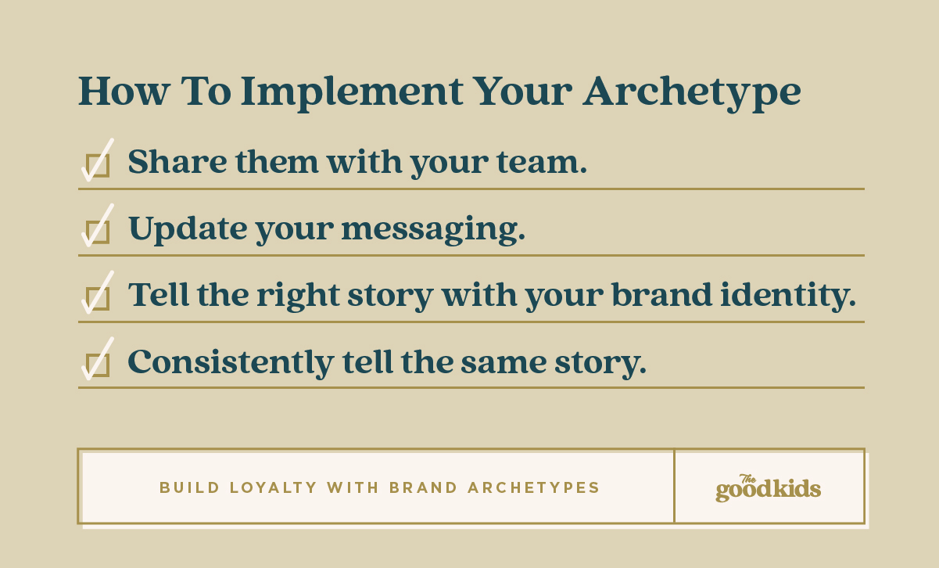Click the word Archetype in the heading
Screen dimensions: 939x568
tap(692, 93)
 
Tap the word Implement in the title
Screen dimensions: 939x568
tap(352, 93)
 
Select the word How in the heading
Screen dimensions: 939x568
tap(124, 91)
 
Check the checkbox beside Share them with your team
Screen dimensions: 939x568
tap(97, 165)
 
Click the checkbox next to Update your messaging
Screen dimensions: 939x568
tap(97, 232)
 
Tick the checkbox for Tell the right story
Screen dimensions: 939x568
tap(97, 298)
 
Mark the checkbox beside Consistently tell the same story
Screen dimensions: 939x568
tap(97, 365)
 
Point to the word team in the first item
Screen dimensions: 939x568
tap(542, 162)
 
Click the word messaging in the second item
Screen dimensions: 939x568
tap(433, 230)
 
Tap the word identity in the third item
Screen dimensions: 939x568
tap(788, 297)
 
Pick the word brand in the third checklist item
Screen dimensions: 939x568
tap(661, 294)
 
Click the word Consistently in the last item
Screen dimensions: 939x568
tap(231, 363)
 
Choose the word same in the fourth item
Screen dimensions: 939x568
tap(504, 364)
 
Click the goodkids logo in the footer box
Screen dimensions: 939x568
tap(768, 487)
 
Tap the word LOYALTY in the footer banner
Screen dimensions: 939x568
tap(274, 487)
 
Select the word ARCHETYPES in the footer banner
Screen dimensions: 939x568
tap(534, 487)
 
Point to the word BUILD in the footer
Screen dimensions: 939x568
tap(189, 487)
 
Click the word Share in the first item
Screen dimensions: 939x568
tap(177, 161)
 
